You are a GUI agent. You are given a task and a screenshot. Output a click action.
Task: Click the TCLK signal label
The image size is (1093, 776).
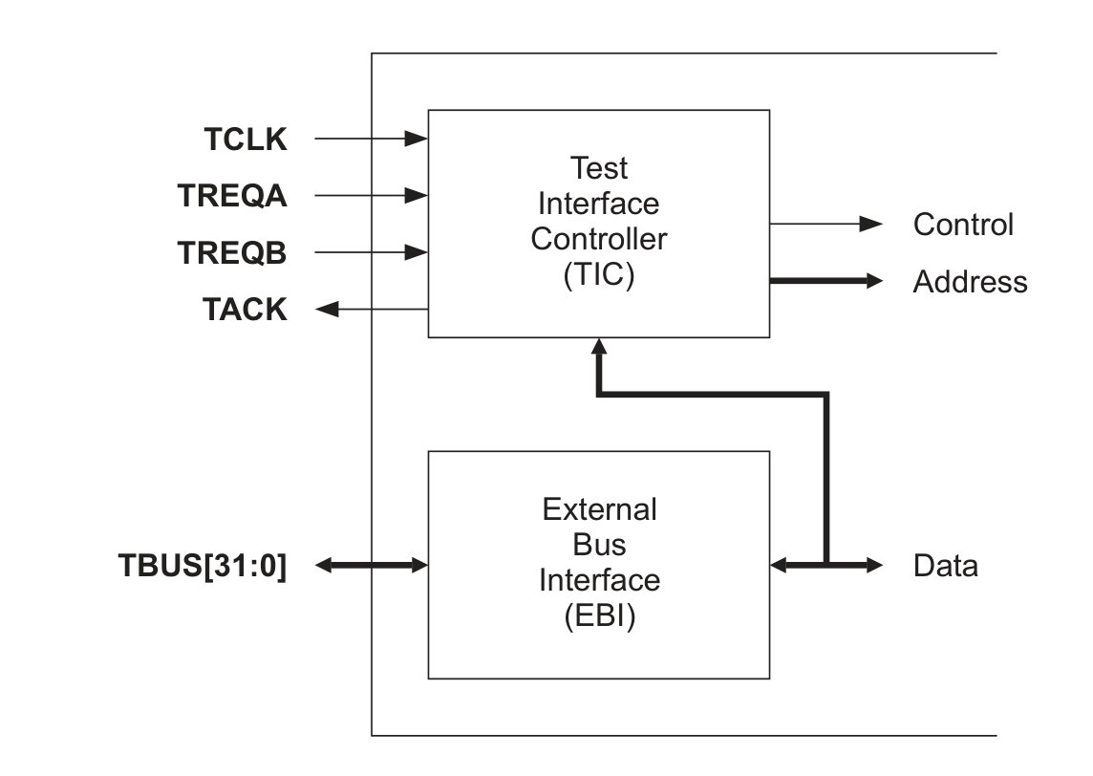coord(246,140)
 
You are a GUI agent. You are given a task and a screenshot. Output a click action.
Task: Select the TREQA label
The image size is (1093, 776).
coord(232,196)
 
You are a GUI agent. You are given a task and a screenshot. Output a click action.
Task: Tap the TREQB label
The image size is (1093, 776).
coord(232,253)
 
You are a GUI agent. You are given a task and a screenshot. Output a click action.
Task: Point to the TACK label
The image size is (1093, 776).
coord(245,310)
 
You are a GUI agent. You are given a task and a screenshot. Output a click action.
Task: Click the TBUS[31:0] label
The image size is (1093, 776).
coord(203,566)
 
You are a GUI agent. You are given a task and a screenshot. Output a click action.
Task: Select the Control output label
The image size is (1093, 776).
coord(963,225)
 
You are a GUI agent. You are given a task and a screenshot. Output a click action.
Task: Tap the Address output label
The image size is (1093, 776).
coord(970,282)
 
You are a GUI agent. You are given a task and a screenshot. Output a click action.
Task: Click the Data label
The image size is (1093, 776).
coord(945,566)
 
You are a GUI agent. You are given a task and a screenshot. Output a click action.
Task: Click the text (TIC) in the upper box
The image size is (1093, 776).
coord(599,275)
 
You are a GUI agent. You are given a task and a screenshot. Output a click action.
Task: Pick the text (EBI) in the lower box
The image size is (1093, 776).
coord(599,616)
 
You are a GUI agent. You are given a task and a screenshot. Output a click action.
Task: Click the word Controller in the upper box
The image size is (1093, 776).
coord(599,239)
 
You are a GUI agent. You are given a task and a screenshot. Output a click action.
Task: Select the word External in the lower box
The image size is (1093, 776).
coord(599,509)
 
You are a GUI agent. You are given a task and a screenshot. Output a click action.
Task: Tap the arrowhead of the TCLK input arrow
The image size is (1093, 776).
coord(417,140)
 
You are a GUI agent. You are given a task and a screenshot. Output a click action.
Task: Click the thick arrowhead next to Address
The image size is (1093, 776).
coord(872,281)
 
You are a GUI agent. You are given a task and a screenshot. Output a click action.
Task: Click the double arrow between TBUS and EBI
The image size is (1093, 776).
coord(372,566)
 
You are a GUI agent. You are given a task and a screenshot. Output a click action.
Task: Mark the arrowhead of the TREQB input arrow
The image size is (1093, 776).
coord(417,253)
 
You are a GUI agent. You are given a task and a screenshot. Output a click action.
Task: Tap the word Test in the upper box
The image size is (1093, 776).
coord(599,168)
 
